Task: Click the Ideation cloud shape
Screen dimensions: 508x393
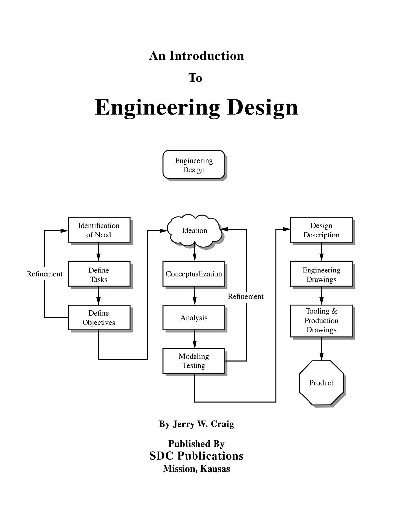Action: point(194,231)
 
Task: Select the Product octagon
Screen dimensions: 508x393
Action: point(321,383)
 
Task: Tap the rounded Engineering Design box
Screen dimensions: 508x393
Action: point(194,165)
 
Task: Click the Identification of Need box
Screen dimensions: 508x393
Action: point(99,230)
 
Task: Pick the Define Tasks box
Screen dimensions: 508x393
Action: point(99,274)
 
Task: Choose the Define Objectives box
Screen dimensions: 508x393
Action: point(99,318)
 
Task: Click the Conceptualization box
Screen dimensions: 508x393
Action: point(194,274)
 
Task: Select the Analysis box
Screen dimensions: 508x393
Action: point(194,318)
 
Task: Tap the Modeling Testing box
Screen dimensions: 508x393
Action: point(194,361)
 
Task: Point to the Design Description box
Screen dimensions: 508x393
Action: point(321,230)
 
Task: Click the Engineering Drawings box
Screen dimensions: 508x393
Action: point(321,274)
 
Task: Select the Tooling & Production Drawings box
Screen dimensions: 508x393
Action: point(321,321)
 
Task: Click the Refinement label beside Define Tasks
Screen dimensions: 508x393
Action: point(45,274)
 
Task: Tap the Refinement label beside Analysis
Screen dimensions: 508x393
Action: point(246,296)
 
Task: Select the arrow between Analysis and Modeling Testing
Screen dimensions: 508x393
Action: point(195,339)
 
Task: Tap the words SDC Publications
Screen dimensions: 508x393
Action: point(196,456)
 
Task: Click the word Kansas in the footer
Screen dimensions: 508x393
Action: point(215,469)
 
